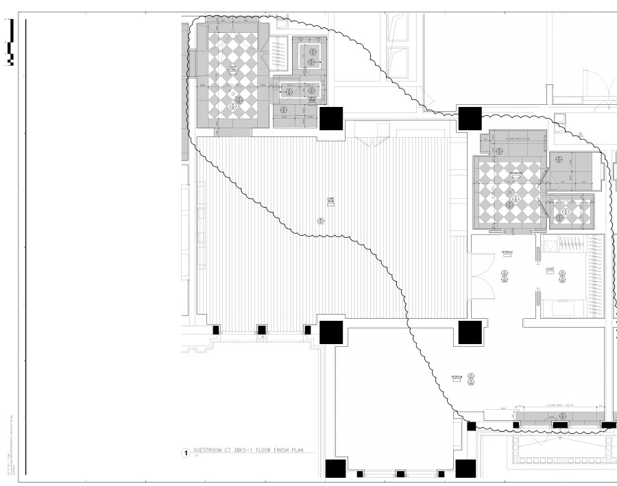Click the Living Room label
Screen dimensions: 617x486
tap(330, 200)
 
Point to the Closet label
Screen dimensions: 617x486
tap(550, 269)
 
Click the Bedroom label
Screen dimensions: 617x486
tap(457, 377)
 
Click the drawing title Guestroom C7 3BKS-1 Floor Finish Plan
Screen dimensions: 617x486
tap(250, 450)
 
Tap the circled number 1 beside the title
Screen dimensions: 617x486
tap(184, 453)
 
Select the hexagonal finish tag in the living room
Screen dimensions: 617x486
tap(320, 220)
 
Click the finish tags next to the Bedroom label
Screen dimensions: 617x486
tap(472, 378)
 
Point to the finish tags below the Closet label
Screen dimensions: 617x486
tap(562, 276)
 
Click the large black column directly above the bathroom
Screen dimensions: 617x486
tap(470, 119)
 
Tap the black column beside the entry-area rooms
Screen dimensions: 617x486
tap(331, 118)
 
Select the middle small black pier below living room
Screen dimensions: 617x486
tap(261, 330)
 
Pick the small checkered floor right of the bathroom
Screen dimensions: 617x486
tap(569, 212)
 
